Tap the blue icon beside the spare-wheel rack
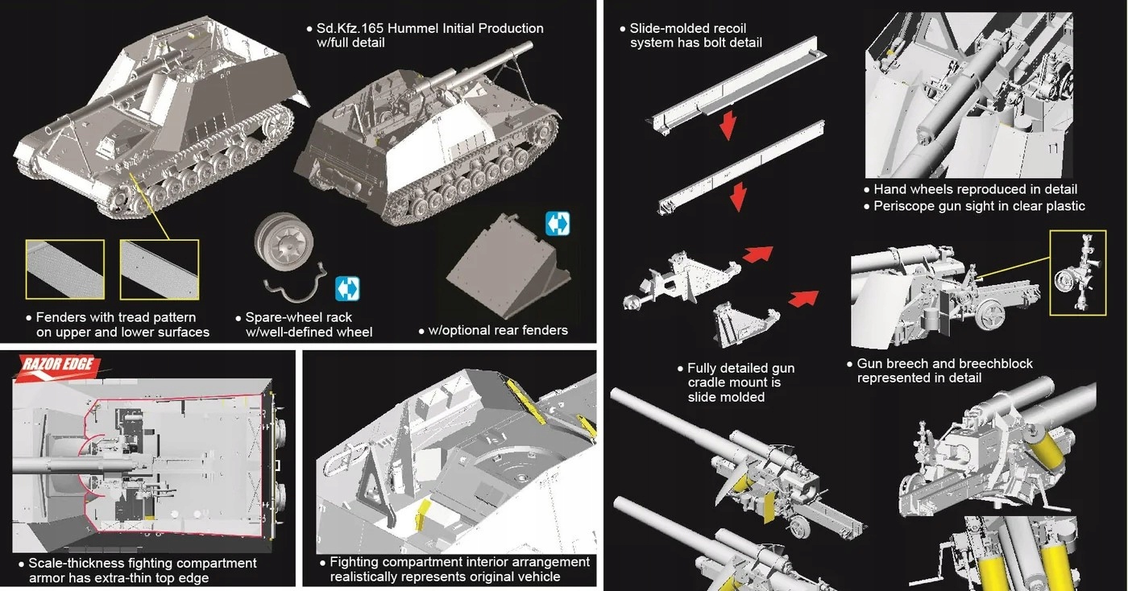347,288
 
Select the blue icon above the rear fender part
557,224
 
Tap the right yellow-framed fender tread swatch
159,269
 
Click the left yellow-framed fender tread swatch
64,269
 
